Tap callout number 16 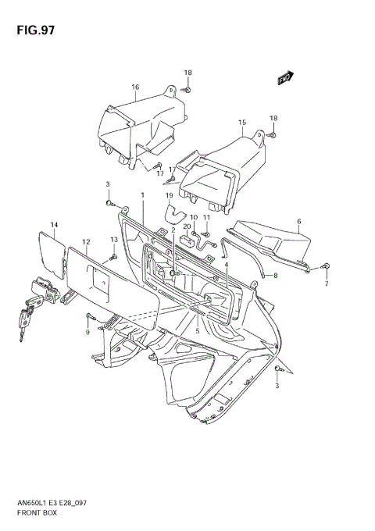tap(135, 87)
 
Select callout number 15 tap(242, 122)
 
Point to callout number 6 tap(299, 222)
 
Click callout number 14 tap(55, 225)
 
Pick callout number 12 tap(86, 242)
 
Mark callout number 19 tap(168, 195)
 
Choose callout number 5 tap(198, 331)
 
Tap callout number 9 tap(87, 333)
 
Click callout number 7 tap(327, 283)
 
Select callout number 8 tap(275, 276)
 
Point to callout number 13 tap(113, 240)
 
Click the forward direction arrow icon tap(284, 77)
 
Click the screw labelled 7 tap(326, 267)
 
